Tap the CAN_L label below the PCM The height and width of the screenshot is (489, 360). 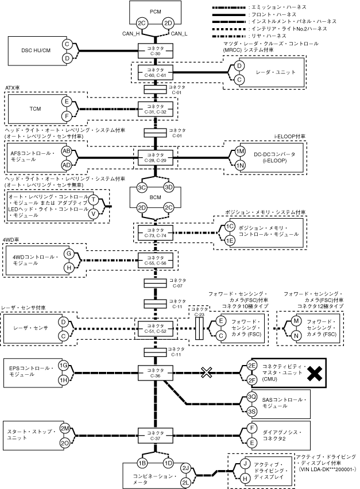[x=179, y=34]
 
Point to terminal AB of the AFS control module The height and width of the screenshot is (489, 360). [x=67, y=151]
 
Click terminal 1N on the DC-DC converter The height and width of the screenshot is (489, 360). [x=241, y=165]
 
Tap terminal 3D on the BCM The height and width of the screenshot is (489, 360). [x=169, y=188]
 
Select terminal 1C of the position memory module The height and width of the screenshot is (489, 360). [x=230, y=226]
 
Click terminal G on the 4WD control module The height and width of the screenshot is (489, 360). [x=68, y=253]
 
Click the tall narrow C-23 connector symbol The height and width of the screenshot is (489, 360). [x=199, y=328]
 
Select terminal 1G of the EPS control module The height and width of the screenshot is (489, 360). [x=64, y=366]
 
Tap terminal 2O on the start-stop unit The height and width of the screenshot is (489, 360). [x=65, y=443]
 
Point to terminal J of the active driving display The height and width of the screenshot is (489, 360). [x=245, y=464]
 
